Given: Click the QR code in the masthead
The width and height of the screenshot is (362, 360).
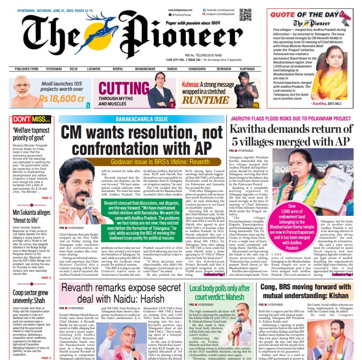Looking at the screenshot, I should point(245,15).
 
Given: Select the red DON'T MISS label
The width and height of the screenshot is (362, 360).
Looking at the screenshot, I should point(31,119).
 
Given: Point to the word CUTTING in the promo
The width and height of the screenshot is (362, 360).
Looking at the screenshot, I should point(124,88).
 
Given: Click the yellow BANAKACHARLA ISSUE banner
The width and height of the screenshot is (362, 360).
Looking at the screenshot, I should point(142,119).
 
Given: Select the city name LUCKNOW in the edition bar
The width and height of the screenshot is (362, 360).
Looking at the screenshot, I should point(94,69).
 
